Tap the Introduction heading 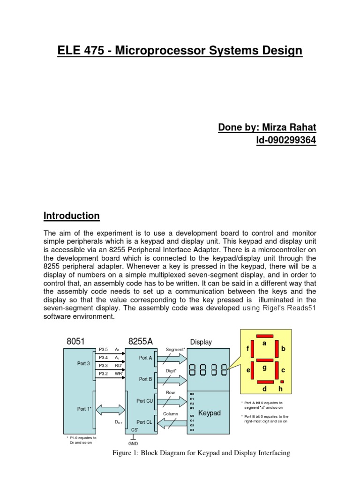tap(71, 216)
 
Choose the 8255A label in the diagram tap(141, 342)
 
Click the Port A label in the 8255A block tap(146, 358)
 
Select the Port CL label tap(144, 422)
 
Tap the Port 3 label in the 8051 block tap(83, 363)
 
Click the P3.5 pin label tap(104, 350)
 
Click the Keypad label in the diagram tap(209, 413)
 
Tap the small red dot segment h tap(282, 382)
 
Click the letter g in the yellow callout tap(264, 368)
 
